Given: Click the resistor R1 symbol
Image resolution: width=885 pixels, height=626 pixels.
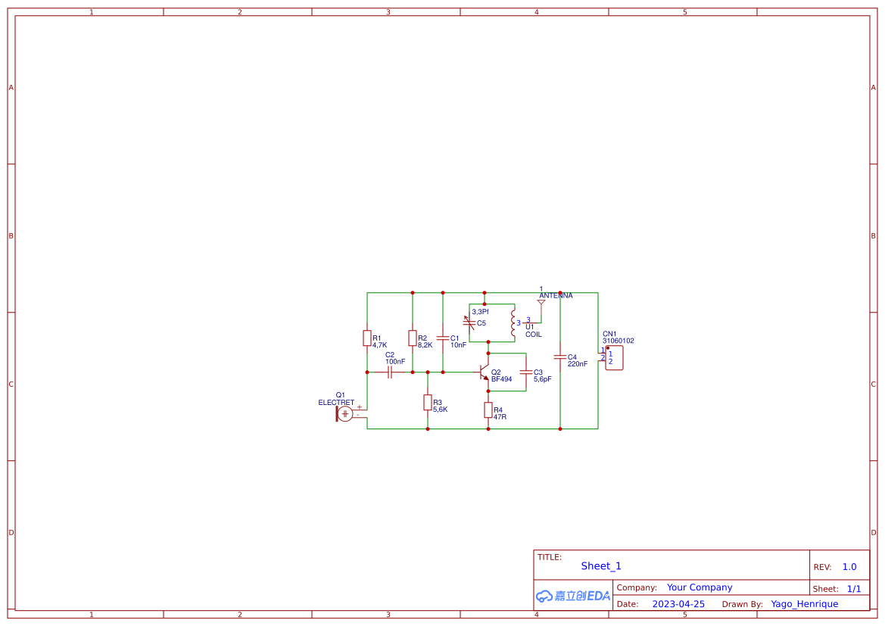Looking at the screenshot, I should click(367, 338).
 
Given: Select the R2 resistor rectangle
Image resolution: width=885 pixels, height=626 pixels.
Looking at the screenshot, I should click(413, 338).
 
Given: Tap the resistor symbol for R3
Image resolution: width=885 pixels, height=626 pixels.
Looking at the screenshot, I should click(428, 403).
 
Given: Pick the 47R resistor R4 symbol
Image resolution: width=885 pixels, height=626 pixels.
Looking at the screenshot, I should click(488, 410).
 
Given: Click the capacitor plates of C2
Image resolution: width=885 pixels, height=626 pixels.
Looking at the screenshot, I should click(390, 372).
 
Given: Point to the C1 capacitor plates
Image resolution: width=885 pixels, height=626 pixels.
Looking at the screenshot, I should click(443, 338).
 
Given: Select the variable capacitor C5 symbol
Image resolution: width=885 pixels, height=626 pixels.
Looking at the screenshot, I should click(469, 322).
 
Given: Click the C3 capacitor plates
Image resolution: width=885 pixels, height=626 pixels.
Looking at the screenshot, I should click(526, 372).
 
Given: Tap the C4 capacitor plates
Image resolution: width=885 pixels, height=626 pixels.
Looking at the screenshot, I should click(560, 357).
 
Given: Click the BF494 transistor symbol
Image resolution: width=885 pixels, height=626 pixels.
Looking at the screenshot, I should click(485, 372).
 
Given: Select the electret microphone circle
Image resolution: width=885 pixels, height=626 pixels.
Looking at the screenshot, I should click(345, 413).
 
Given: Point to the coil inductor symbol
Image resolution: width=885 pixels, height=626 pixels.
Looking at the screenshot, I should click(513, 322).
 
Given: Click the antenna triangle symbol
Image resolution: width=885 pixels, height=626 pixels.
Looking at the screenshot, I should click(541, 302).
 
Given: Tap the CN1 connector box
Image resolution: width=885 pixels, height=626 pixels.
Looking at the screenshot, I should click(614, 358).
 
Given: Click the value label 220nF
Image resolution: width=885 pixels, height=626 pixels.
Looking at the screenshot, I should click(578, 364).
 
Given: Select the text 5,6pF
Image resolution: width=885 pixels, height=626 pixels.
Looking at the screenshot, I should click(543, 379).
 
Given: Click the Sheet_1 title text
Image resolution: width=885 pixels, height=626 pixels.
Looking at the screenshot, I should click(601, 566).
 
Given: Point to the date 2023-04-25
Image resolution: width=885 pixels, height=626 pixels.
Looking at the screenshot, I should click(678, 604).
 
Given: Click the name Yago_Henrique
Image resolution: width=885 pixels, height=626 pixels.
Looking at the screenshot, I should click(804, 604).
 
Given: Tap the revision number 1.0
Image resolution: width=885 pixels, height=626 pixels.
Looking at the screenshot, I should click(849, 567).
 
